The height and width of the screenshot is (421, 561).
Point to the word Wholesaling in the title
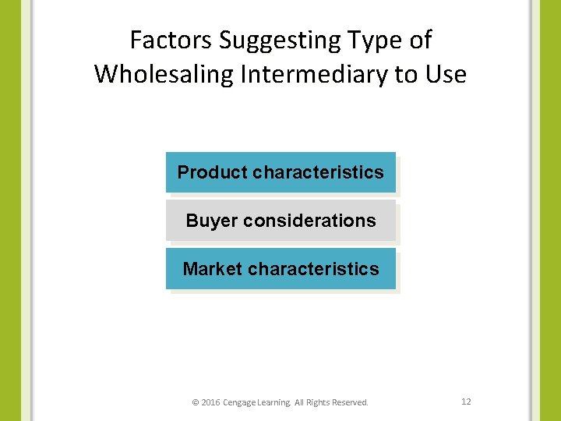165,75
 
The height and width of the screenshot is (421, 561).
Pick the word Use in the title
446,75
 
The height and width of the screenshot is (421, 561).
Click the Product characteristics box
280,172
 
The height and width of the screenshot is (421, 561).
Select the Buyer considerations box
280,221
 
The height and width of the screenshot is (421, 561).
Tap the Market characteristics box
280,269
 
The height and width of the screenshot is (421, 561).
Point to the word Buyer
211,221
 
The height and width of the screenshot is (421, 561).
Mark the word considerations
309,221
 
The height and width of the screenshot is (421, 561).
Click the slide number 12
466,402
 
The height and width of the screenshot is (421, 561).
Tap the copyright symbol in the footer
195,402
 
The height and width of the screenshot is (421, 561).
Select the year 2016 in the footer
210,402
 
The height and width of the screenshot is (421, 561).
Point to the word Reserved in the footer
350,402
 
